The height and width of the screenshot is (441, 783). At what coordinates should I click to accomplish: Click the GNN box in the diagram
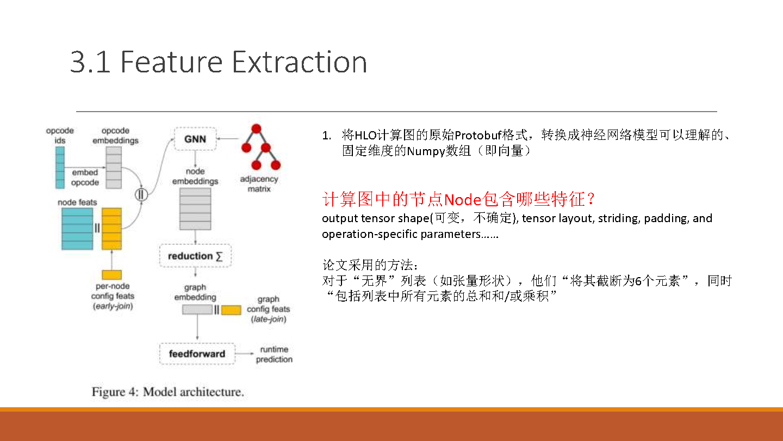(x=195, y=139)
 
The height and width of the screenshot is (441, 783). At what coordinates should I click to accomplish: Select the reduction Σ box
(x=195, y=256)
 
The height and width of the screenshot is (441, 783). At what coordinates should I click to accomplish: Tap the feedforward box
(x=197, y=354)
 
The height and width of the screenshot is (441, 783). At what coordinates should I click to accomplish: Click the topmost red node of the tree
(x=256, y=129)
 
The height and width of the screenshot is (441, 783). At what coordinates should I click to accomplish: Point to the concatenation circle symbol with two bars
(x=141, y=194)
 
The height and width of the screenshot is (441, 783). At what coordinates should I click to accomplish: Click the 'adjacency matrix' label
(x=259, y=184)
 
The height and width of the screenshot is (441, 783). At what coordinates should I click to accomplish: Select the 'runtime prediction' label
(x=274, y=354)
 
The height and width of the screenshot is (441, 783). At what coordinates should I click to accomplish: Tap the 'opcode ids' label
(x=60, y=136)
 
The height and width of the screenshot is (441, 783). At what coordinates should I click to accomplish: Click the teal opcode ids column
(x=60, y=168)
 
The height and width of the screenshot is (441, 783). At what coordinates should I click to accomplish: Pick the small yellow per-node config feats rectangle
(x=112, y=274)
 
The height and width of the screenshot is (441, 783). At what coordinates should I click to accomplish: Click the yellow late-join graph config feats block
(x=231, y=310)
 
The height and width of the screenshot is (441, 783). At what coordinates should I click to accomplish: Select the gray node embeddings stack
(x=195, y=209)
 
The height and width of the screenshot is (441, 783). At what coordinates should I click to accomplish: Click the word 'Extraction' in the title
(x=300, y=62)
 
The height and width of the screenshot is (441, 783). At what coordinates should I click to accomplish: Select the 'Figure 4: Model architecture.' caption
(x=168, y=392)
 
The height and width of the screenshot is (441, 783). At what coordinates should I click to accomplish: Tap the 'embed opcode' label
(x=85, y=177)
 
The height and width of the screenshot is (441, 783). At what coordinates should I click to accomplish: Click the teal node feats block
(x=77, y=229)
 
